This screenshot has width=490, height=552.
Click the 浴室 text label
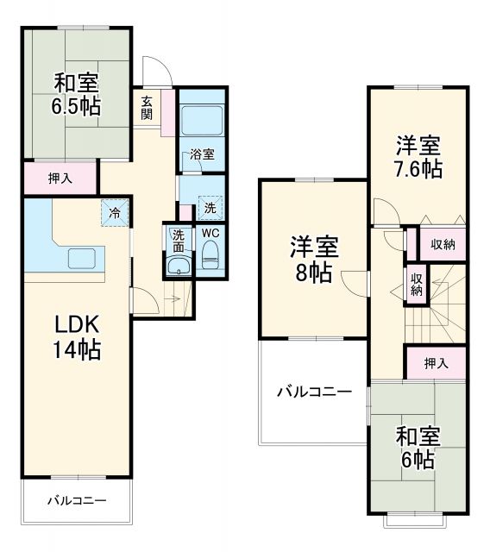203,154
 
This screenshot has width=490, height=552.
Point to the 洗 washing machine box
210,207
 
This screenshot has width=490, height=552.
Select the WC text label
210,233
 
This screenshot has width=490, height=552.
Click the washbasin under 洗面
179,264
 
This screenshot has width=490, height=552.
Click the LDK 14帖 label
77,337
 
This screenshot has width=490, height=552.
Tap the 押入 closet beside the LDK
60,179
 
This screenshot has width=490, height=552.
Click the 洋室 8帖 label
311,260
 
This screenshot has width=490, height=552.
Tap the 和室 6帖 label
418,448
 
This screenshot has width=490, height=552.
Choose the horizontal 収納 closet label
443,245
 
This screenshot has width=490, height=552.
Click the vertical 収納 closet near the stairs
416,283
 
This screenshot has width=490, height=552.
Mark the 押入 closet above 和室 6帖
436,363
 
